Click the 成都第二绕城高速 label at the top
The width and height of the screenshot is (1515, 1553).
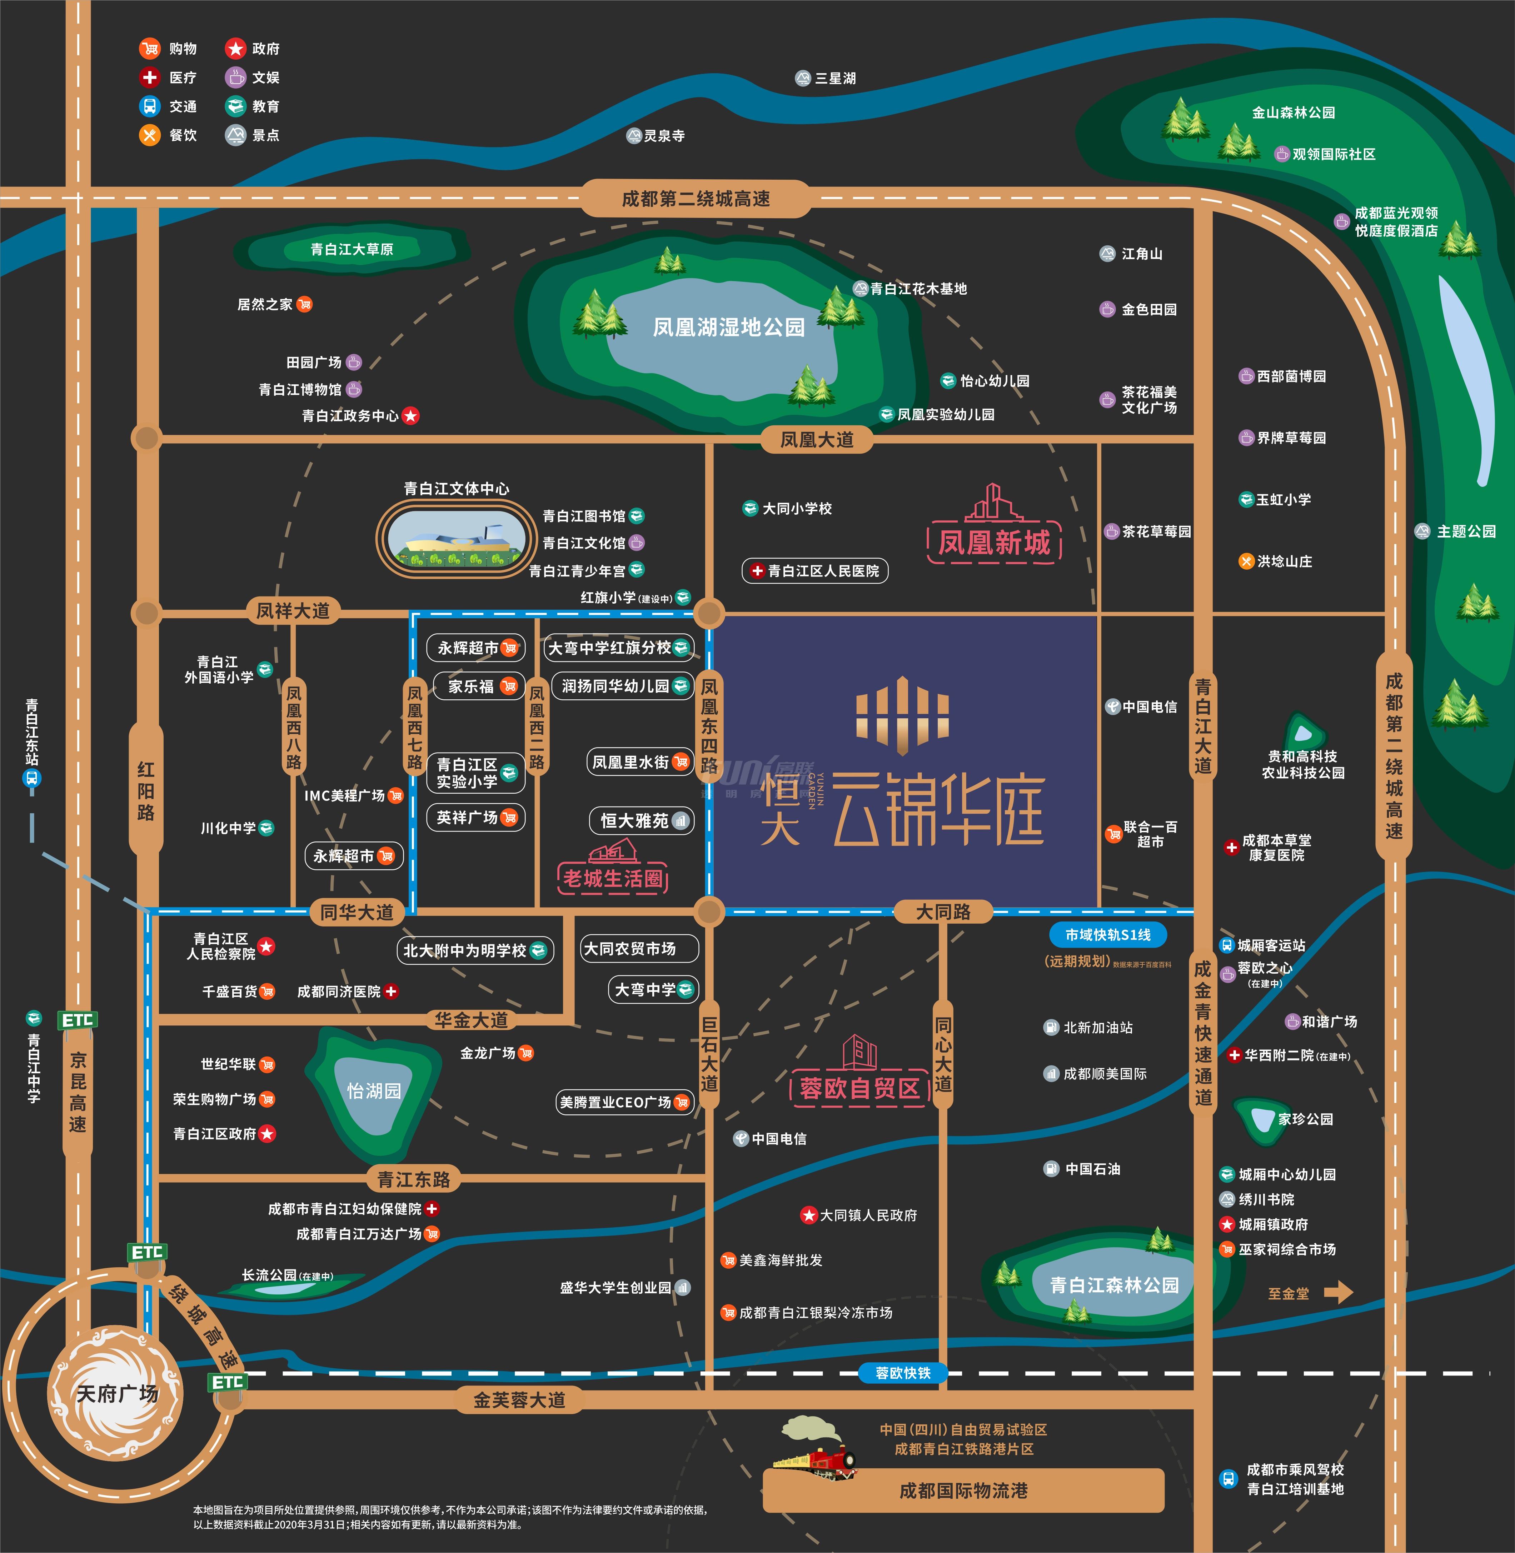[696, 199]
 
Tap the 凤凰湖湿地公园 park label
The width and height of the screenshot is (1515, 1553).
[729, 327]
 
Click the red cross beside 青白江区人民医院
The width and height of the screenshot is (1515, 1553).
[757, 570]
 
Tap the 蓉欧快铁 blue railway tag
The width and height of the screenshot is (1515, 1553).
[903, 1372]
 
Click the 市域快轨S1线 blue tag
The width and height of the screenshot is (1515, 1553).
[1108, 935]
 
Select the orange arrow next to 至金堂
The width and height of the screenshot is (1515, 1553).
[1339, 1292]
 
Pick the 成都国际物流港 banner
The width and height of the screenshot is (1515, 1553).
[963, 1490]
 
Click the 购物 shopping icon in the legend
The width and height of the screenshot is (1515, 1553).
[150, 49]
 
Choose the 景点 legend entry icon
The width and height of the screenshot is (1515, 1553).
[235, 135]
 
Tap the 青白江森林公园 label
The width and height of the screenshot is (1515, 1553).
[1114, 1285]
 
